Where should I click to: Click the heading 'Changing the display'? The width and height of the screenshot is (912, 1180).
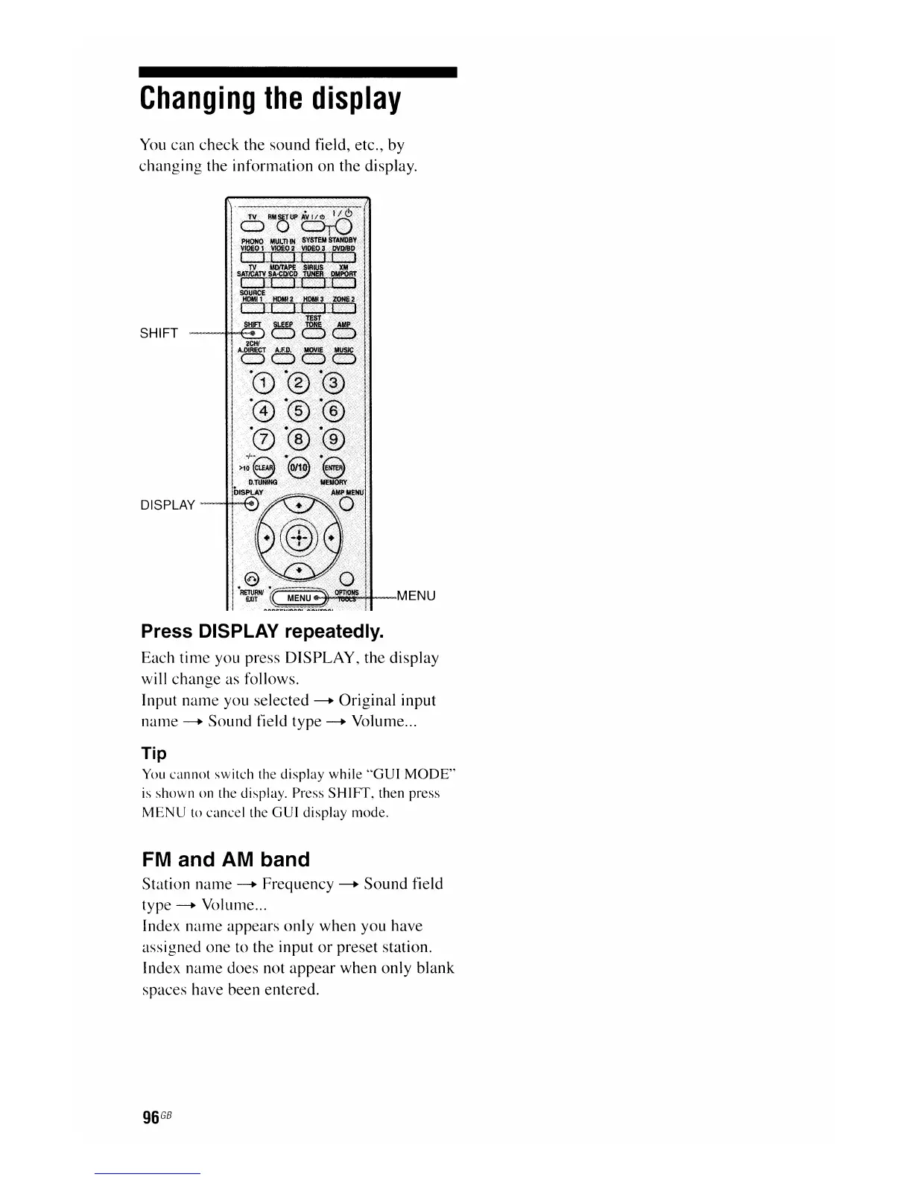point(270,98)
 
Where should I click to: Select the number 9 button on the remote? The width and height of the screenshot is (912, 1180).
point(333,440)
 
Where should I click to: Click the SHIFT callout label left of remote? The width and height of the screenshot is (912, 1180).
point(159,333)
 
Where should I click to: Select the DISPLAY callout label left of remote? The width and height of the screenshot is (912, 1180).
point(168,505)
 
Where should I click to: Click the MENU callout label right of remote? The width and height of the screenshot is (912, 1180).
point(417,596)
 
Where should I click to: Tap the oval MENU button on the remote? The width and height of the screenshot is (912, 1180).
point(301,597)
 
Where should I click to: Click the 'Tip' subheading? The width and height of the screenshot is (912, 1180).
point(154,753)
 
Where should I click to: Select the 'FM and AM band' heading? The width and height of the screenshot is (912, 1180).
point(226,860)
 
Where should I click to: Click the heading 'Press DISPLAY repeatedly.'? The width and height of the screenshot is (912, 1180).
point(263,632)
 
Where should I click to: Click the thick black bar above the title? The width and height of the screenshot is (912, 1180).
point(297,72)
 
